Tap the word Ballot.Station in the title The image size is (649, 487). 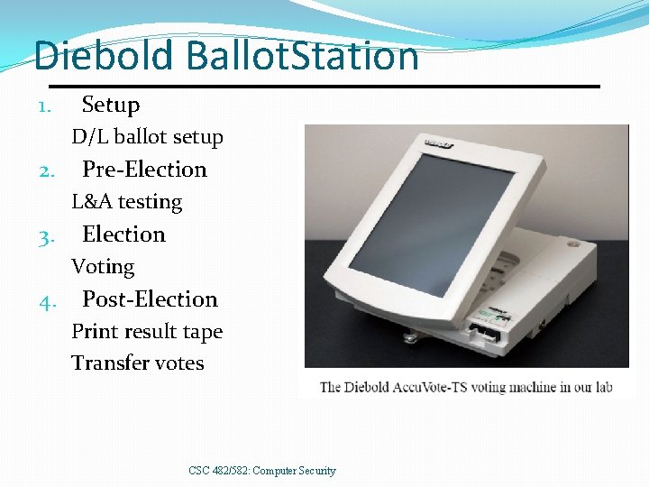pyautogui.click(x=302, y=56)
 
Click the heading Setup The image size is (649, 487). pyautogui.click(x=111, y=105)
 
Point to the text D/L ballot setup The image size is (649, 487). pyautogui.click(x=148, y=137)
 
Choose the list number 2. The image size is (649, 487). pyautogui.click(x=48, y=171)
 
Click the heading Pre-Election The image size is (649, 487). pyautogui.click(x=144, y=170)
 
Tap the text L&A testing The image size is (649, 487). pyautogui.click(x=127, y=202)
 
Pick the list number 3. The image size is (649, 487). pyautogui.click(x=48, y=237)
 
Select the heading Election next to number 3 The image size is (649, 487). pyautogui.click(x=124, y=234)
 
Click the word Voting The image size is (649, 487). pyautogui.click(x=103, y=267)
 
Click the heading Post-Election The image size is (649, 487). pyautogui.click(x=151, y=299)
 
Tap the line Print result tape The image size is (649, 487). pyautogui.click(x=147, y=332)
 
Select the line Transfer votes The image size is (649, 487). pyautogui.click(x=138, y=363)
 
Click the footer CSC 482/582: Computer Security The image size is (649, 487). pyautogui.click(x=262, y=471)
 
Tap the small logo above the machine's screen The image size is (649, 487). pyautogui.click(x=439, y=143)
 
